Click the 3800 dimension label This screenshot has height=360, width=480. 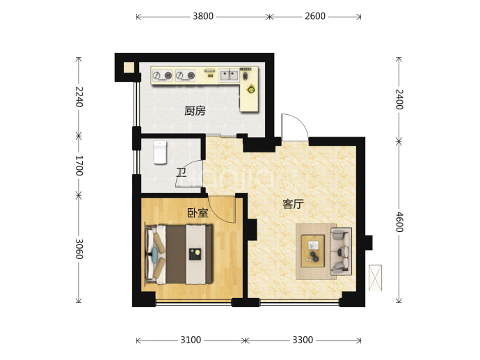[x=203, y=16]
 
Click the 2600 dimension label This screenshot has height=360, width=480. [x=315, y=16]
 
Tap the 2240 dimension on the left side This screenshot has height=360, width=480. [x=79, y=97]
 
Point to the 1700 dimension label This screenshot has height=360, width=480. [x=79, y=166]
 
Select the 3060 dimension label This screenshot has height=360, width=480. [x=79, y=249]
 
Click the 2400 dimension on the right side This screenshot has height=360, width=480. [x=399, y=100]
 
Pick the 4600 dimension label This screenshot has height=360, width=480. [x=399, y=222]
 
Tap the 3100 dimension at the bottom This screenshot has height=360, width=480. [x=191, y=340]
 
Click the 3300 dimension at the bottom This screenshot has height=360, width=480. [x=303, y=340]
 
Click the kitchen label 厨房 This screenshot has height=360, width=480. [x=195, y=111]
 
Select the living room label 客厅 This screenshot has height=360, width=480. [x=293, y=204]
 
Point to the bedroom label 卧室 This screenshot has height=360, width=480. [x=198, y=212]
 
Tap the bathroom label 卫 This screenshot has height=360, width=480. [x=182, y=173]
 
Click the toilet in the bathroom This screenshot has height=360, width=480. [x=160, y=152]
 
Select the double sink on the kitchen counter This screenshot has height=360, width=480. [x=230, y=75]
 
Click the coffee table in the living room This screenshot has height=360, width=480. [x=312, y=251]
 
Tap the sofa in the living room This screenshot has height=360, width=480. [x=341, y=251]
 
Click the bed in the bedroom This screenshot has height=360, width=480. [x=179, y=254]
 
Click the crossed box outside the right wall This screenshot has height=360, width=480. [x=376, y=278]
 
